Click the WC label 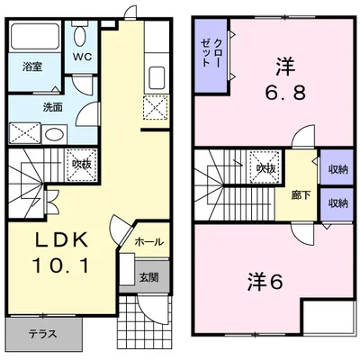pos(83,58)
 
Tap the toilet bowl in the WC pos(80,36)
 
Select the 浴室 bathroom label pos(32,67)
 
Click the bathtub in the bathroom pos(35,36)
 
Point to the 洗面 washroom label pos(53,107)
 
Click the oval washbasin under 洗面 pos(54,134)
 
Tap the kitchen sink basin pos(157,77)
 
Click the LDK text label pos(61,240)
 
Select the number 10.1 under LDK pos(61,265)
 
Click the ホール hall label pos(149,242)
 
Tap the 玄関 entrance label pos(148,277)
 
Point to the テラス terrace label pos(43,334)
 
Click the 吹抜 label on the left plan pos(82,164)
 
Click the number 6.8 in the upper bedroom pos(285,92)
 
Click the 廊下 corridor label pos(301,195)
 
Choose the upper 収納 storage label pos(337,170)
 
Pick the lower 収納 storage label pos(337,203)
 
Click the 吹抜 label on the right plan pos(265,169)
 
